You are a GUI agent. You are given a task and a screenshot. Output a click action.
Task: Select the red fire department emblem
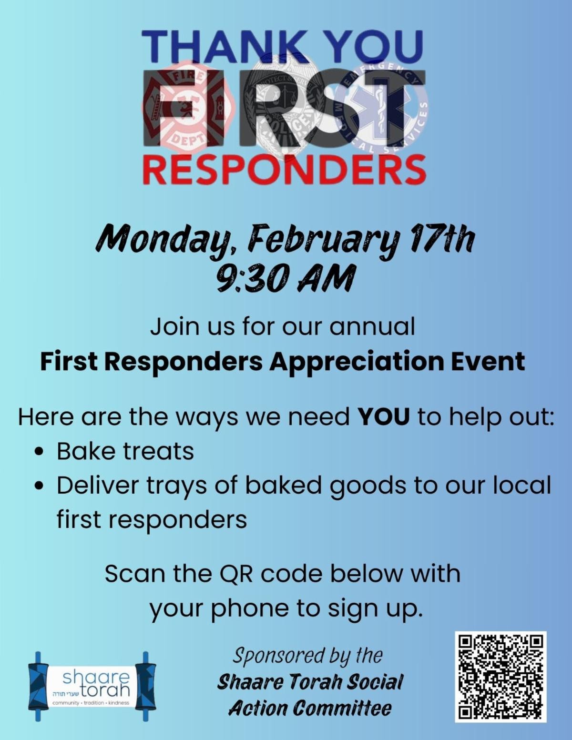[x=189, y=108]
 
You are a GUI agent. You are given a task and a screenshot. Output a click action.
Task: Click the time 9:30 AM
[x=285, y=279]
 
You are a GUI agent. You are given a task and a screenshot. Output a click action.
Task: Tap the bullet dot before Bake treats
[x=40, y=453]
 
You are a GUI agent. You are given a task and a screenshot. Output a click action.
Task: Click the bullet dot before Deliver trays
[x=40, y=486]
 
